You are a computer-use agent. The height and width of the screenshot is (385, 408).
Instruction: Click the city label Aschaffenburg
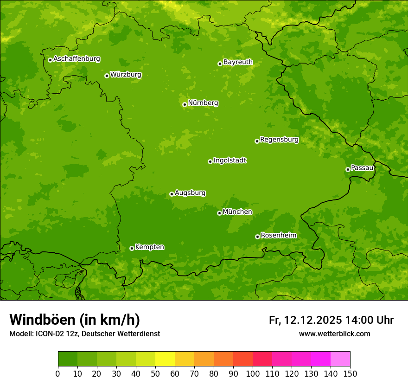76,59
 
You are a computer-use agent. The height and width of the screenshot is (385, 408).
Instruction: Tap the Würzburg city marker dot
107,76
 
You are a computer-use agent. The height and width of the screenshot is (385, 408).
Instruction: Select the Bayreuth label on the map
238,62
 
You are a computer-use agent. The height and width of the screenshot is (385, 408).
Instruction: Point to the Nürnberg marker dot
185,104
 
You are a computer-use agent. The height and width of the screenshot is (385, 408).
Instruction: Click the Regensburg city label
279,140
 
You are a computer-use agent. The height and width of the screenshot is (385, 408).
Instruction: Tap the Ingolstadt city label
229,160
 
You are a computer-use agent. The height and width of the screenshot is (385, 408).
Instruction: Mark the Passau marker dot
348,169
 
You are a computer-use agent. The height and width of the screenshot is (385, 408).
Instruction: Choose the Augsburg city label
190,193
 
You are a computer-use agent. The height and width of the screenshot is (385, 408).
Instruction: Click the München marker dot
219,213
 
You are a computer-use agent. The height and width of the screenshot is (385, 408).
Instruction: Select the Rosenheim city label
278,236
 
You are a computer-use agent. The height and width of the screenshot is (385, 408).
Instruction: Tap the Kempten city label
149,247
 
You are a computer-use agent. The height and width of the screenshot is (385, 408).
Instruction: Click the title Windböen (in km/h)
75,320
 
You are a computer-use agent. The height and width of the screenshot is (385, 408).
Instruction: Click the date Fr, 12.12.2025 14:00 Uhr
331,320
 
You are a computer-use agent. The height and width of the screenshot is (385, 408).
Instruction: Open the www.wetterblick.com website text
334,334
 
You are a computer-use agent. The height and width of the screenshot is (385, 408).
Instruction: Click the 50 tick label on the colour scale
155,373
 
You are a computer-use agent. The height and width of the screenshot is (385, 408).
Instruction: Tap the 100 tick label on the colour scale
253,373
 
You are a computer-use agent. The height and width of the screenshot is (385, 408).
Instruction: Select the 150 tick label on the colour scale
350,373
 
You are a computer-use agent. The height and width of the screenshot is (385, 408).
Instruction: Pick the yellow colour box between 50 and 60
165,359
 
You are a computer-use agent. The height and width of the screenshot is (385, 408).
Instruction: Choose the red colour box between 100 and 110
262,359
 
